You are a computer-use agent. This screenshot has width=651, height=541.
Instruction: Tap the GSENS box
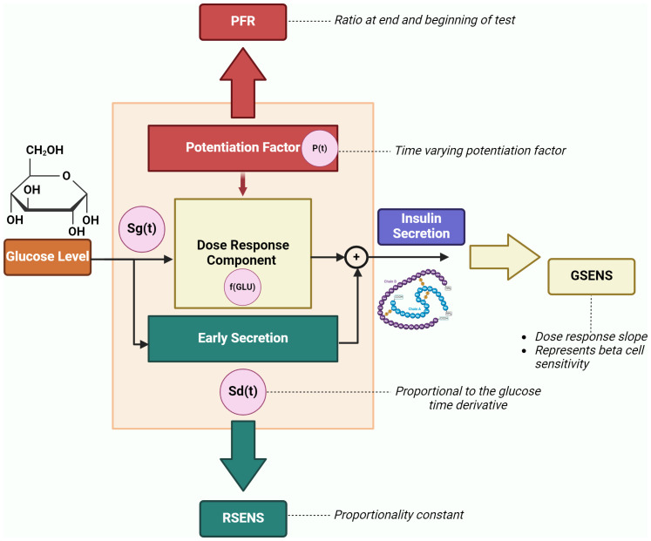pyautogui.click(x=591, y=278)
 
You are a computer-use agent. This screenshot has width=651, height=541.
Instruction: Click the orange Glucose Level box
pyautogui.click(x=48, y=256)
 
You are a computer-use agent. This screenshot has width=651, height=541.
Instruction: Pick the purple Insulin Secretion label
pyautogui.click(x=420, y=226)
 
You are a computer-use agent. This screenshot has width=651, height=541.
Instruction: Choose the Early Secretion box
pyautogui.click(x=243, y=339)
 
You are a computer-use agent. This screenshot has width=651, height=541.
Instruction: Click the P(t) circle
pyautogui.click(x=319, y=148)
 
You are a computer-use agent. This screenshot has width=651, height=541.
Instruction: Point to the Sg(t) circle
pyautogui.click(x=142, y=231)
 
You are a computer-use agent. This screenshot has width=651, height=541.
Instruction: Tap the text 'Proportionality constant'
pyautogui.click(x=398, y=515)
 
